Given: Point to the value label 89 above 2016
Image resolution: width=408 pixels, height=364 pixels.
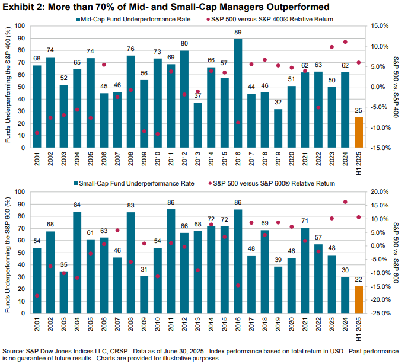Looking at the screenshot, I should [x=238, y=33].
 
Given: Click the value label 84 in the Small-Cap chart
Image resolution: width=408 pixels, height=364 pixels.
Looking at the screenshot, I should [x=77, y=205].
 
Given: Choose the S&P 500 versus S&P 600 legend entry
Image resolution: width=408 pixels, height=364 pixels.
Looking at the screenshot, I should [x=284, y=184].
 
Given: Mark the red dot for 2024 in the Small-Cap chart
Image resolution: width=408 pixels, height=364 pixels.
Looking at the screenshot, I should [x=345, y=202].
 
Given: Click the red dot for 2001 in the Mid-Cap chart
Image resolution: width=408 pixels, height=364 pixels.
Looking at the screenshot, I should [x=37, y=133].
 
